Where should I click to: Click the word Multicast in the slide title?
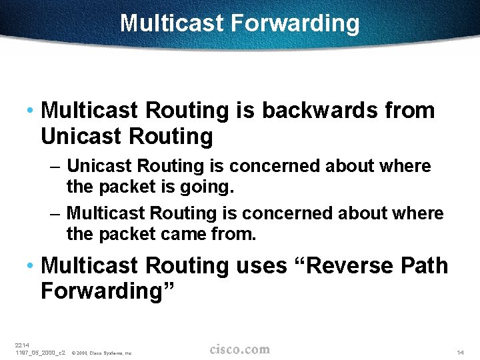click(x=172, y=24)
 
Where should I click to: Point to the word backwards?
click(x=320, y=111)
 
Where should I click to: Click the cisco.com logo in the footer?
click(x=239, y=349)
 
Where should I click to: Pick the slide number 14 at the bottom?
click(x=460, y=352)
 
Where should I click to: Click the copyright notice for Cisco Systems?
click(x=101, y=353)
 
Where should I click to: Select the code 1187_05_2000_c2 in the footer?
click(x=40, y=352)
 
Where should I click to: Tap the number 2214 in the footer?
click(x=22, y=345)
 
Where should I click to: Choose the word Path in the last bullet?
click(x=425, y=265)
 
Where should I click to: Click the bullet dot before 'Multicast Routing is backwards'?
click(x=31, y=111)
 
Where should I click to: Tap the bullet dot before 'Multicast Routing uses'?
click(x=31, y=266)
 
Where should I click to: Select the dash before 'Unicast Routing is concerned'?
click(x=57, y=166)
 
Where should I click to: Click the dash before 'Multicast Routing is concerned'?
click(x=57, y=214)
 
